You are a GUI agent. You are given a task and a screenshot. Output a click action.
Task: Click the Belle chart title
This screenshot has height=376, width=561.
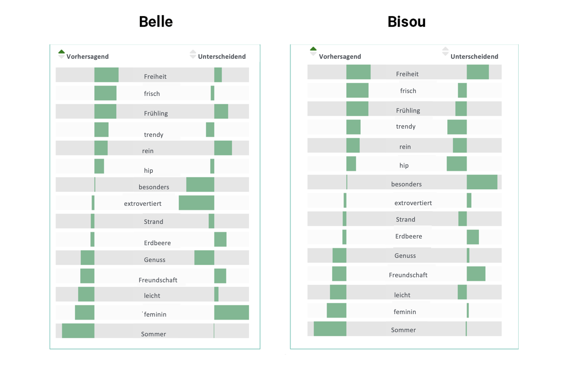click(156, 22)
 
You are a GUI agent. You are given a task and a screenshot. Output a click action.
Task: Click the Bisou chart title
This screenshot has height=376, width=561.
click(406, 22)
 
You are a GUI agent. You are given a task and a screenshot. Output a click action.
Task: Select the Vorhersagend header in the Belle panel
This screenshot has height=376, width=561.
click(87, 57)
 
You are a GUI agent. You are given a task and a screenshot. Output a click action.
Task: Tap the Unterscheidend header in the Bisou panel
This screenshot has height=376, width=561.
click(474, 57)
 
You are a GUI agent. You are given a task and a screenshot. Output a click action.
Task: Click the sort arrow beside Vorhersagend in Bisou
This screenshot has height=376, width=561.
click(313, 51)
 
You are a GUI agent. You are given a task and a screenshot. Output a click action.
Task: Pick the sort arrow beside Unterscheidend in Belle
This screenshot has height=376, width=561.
click(193, 54)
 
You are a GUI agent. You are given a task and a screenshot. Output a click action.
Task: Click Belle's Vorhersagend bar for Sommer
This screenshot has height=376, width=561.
click(78, 331)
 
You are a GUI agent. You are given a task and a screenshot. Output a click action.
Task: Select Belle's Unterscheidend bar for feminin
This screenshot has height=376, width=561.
click(231, 312)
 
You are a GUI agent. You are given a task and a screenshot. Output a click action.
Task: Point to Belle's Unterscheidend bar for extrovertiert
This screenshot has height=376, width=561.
click(196, 203)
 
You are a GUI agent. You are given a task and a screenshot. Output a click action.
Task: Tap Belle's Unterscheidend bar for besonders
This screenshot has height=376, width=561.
click(200, 185)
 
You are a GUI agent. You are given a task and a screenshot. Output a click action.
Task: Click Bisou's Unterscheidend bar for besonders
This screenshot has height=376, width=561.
click(482, 182)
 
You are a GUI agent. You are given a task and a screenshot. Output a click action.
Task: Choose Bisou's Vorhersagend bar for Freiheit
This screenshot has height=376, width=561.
click(358, 72)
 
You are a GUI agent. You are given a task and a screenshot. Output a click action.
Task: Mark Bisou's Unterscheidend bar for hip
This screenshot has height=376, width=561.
click(456, 164)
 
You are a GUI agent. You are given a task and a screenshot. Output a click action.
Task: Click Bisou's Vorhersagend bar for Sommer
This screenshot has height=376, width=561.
click(330, 329)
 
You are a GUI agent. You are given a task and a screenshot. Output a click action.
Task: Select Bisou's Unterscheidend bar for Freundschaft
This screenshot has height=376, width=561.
click(476, 274)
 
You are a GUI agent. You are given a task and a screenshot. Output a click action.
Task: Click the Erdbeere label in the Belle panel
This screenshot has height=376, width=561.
click(157, 243)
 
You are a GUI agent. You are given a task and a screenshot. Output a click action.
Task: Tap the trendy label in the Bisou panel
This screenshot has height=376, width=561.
click(406, 126)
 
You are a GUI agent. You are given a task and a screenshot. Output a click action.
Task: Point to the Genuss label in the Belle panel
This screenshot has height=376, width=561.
click(155, 260)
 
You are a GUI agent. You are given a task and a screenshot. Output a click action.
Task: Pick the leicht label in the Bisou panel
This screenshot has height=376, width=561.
click(402, 295)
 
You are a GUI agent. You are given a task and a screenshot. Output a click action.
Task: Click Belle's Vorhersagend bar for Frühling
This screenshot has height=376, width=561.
click(105, 111)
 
